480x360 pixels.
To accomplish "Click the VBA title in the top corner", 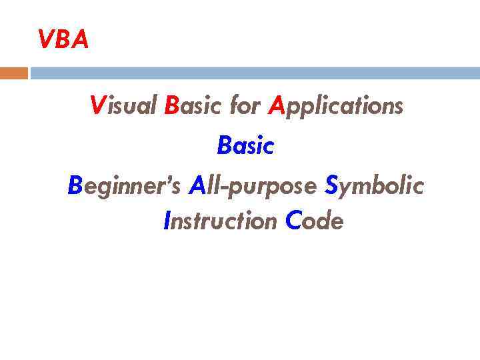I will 63,41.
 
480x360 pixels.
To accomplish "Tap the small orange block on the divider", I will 14,73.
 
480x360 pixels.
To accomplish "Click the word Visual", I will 124,105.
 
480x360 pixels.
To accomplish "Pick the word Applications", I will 335,105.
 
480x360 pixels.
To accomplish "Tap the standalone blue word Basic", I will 245,146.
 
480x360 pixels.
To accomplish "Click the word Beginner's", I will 124,187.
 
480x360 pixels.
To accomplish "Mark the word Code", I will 314,221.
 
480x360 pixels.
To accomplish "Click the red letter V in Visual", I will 97,105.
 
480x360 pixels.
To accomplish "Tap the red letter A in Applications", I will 275,105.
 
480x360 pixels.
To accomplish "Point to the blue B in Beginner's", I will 74,187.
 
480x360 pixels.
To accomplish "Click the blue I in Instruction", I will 167,221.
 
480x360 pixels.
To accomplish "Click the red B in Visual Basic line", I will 171,105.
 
